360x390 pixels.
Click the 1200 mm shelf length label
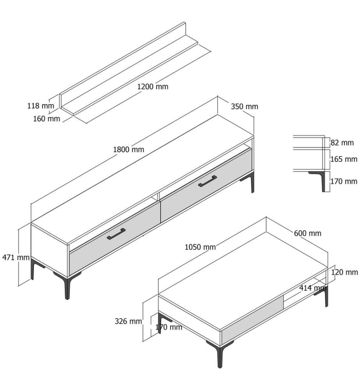(153, 87)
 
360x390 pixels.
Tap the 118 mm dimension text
(41, 106)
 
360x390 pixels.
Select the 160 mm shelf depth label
(46, 119)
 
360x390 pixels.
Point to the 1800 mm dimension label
(129, 149)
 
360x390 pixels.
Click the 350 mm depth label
(244, 106)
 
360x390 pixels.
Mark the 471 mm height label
(16, 257)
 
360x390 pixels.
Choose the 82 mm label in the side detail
(342, 143)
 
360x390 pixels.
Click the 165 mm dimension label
(344, 159)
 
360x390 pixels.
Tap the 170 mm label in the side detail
(344, 181)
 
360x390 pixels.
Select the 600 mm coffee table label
(307, 233)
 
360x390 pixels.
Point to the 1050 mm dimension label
(200, 247)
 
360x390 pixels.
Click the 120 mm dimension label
(344, 272)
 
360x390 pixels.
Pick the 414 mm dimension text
(312, 288)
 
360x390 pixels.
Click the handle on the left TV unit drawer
(116, 234)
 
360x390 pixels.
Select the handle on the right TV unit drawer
(207, 181)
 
